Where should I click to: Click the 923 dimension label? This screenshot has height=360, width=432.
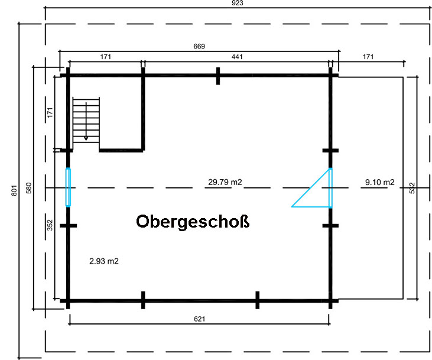[238, 3]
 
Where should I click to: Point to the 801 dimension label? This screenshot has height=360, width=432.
[14, 190]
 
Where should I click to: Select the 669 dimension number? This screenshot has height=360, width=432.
[199, 46]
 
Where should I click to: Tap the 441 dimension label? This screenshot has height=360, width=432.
[237, 57]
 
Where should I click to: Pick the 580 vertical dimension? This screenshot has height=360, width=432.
[28, 188]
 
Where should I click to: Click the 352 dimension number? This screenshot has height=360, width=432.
[50, 225]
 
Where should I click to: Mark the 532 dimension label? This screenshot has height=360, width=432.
[412, 188]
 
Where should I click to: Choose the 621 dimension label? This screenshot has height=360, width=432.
[200, 319]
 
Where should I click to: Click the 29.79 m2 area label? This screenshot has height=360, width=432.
[225, 182]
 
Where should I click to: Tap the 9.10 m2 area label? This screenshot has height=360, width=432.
[379, 182]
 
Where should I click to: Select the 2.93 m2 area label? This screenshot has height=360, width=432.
[104, 261]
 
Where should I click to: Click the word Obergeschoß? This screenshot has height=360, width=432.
[193, 222]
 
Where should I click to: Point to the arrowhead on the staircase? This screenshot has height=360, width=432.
[86, 138]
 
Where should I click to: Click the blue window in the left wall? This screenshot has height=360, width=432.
[68, 187]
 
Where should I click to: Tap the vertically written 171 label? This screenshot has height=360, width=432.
[50, 112]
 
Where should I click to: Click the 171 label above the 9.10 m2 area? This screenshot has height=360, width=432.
[368, 57]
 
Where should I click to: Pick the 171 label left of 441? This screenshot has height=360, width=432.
[106, 57]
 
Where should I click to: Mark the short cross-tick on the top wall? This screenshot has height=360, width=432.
[218, 76]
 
